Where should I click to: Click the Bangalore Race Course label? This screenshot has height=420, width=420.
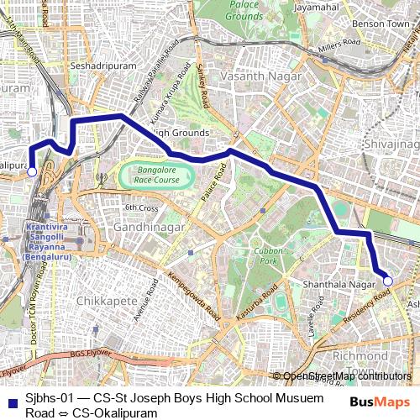point(156,175)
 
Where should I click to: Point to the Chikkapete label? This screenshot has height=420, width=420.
point(100,300)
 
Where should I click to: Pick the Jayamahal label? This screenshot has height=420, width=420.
point(316,8)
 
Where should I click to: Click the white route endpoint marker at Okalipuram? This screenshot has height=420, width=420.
point(31,171)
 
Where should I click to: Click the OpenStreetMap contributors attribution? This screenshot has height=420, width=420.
point(343,376)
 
